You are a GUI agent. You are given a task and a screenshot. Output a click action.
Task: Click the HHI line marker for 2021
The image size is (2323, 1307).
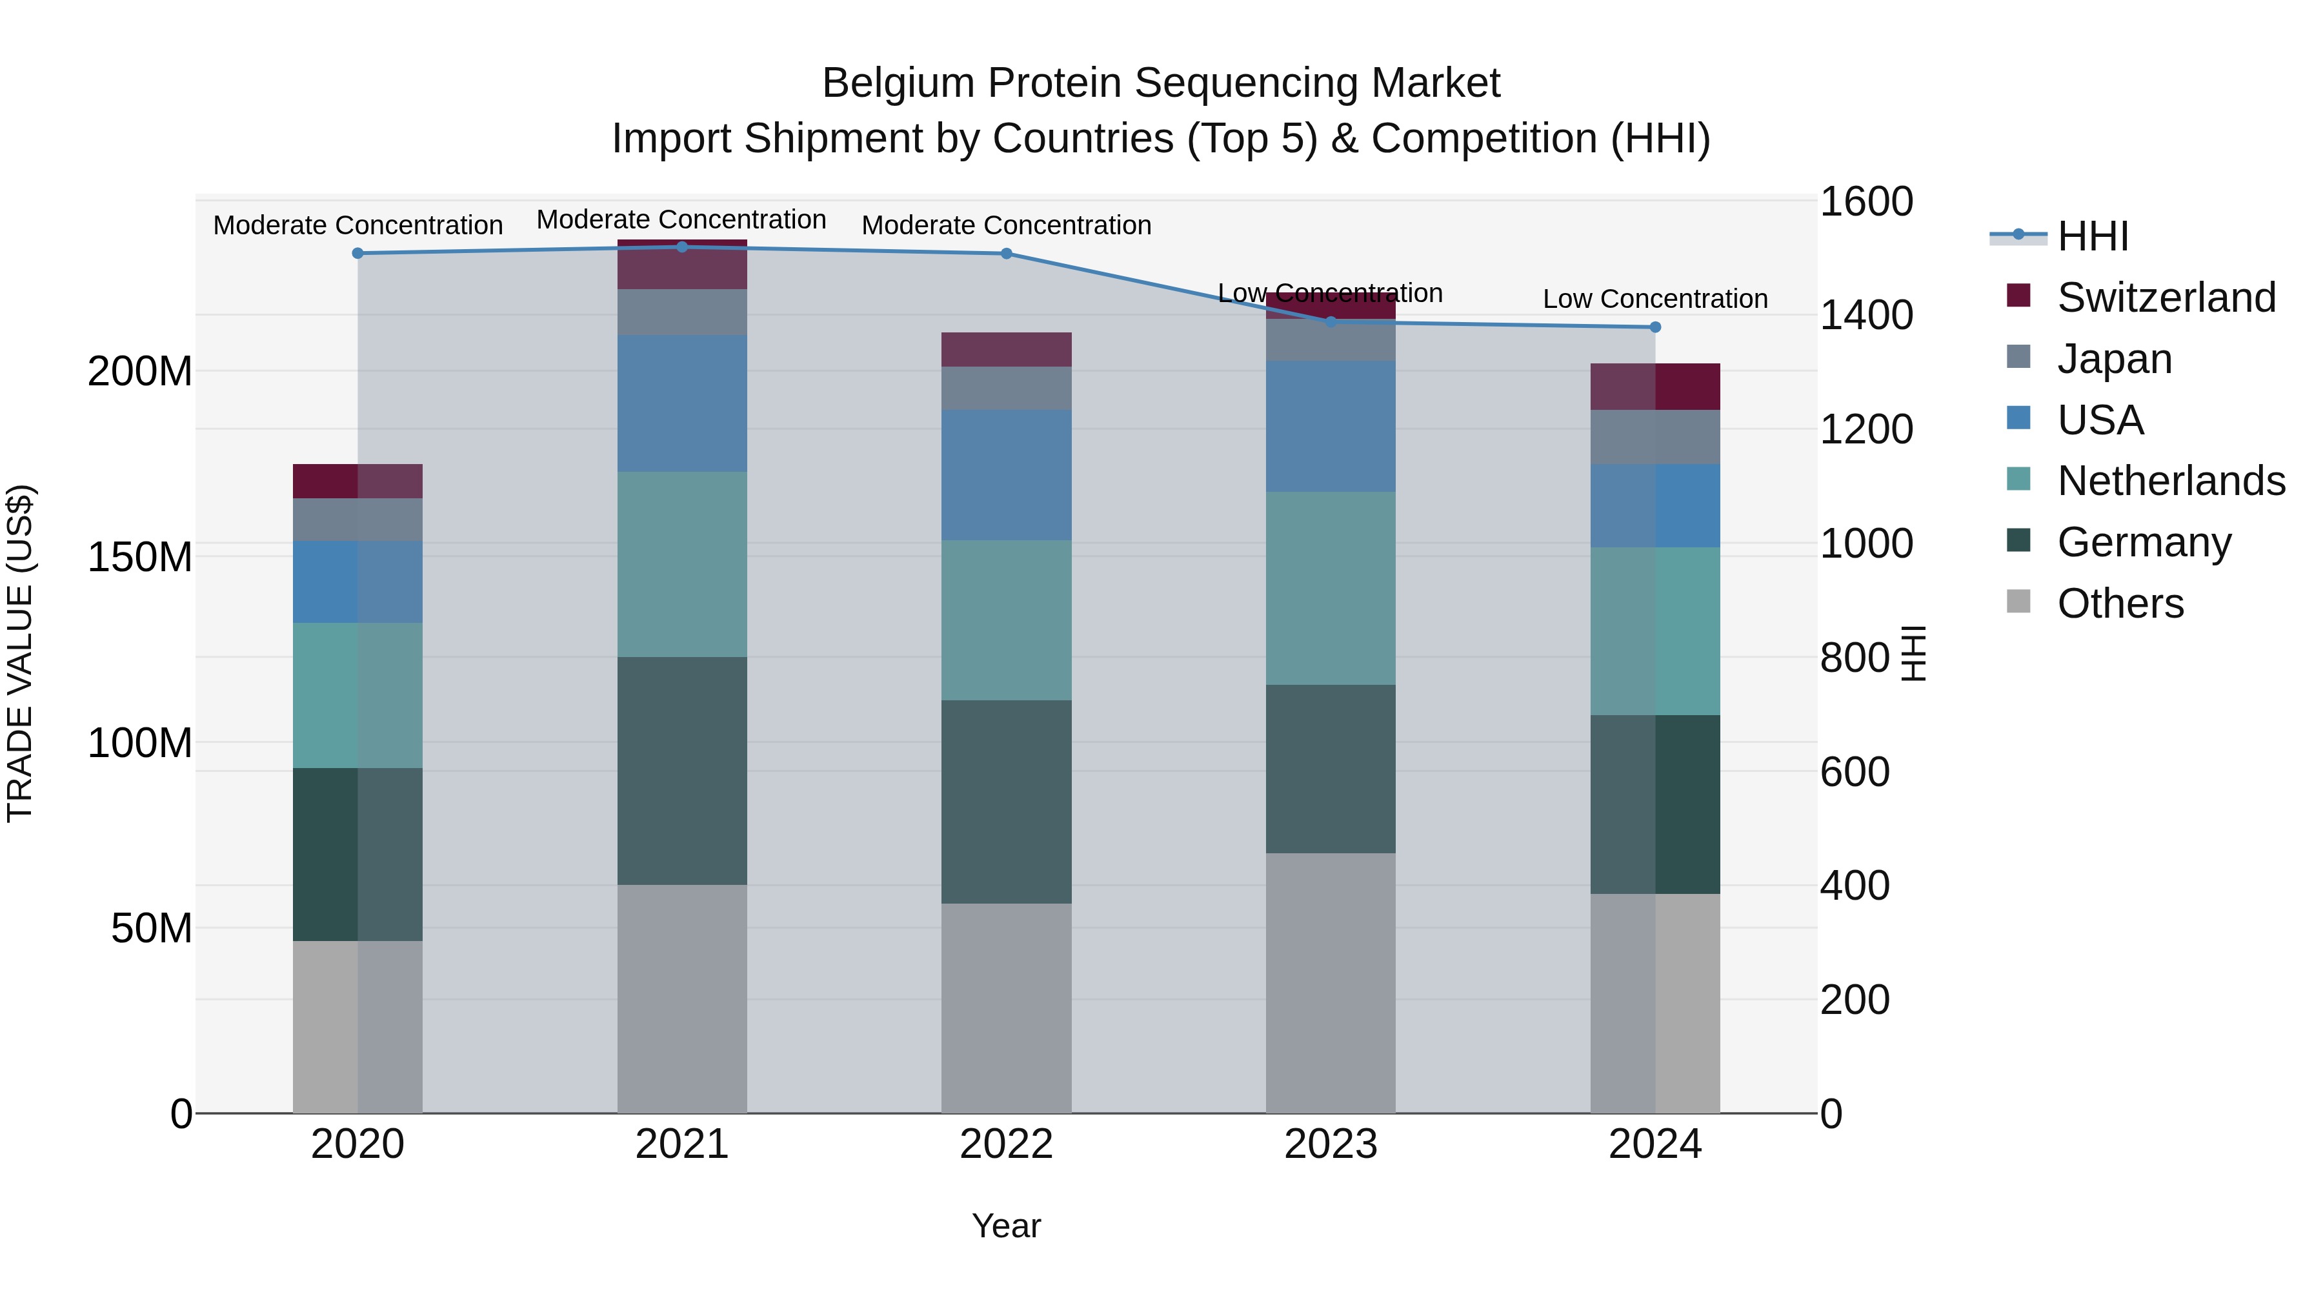coord(682,247)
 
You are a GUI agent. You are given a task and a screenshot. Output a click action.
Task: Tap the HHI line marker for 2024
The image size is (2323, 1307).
coord(1654,327)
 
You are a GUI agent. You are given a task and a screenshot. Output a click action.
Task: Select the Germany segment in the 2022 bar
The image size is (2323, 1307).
coord(1007,801)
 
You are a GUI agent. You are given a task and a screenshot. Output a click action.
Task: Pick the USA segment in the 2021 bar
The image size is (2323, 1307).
coord(682,403)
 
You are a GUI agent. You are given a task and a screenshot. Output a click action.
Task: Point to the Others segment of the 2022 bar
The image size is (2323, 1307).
coord(1007,1008)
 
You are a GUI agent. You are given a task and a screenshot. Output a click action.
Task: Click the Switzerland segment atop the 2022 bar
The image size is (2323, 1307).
coord(1007,349)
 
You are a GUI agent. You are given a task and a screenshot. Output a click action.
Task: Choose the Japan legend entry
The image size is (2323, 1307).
coord(2115,359)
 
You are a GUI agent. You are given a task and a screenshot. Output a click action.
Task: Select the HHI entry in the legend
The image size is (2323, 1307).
coord(2092,236)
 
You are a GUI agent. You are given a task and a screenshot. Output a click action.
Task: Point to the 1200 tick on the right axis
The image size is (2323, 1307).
coord(1865,429)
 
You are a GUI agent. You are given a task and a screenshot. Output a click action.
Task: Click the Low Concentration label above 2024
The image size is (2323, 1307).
coord(1654,299)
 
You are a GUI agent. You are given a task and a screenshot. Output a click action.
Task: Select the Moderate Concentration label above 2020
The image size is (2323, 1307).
coord(358,225)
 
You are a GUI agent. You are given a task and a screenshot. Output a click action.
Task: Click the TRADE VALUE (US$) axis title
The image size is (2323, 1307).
coord(20,653)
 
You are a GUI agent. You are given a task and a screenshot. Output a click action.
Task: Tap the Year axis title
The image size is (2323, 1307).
coord(1007,1226)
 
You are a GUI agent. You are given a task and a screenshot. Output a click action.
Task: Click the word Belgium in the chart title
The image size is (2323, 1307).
coord(898,83)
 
